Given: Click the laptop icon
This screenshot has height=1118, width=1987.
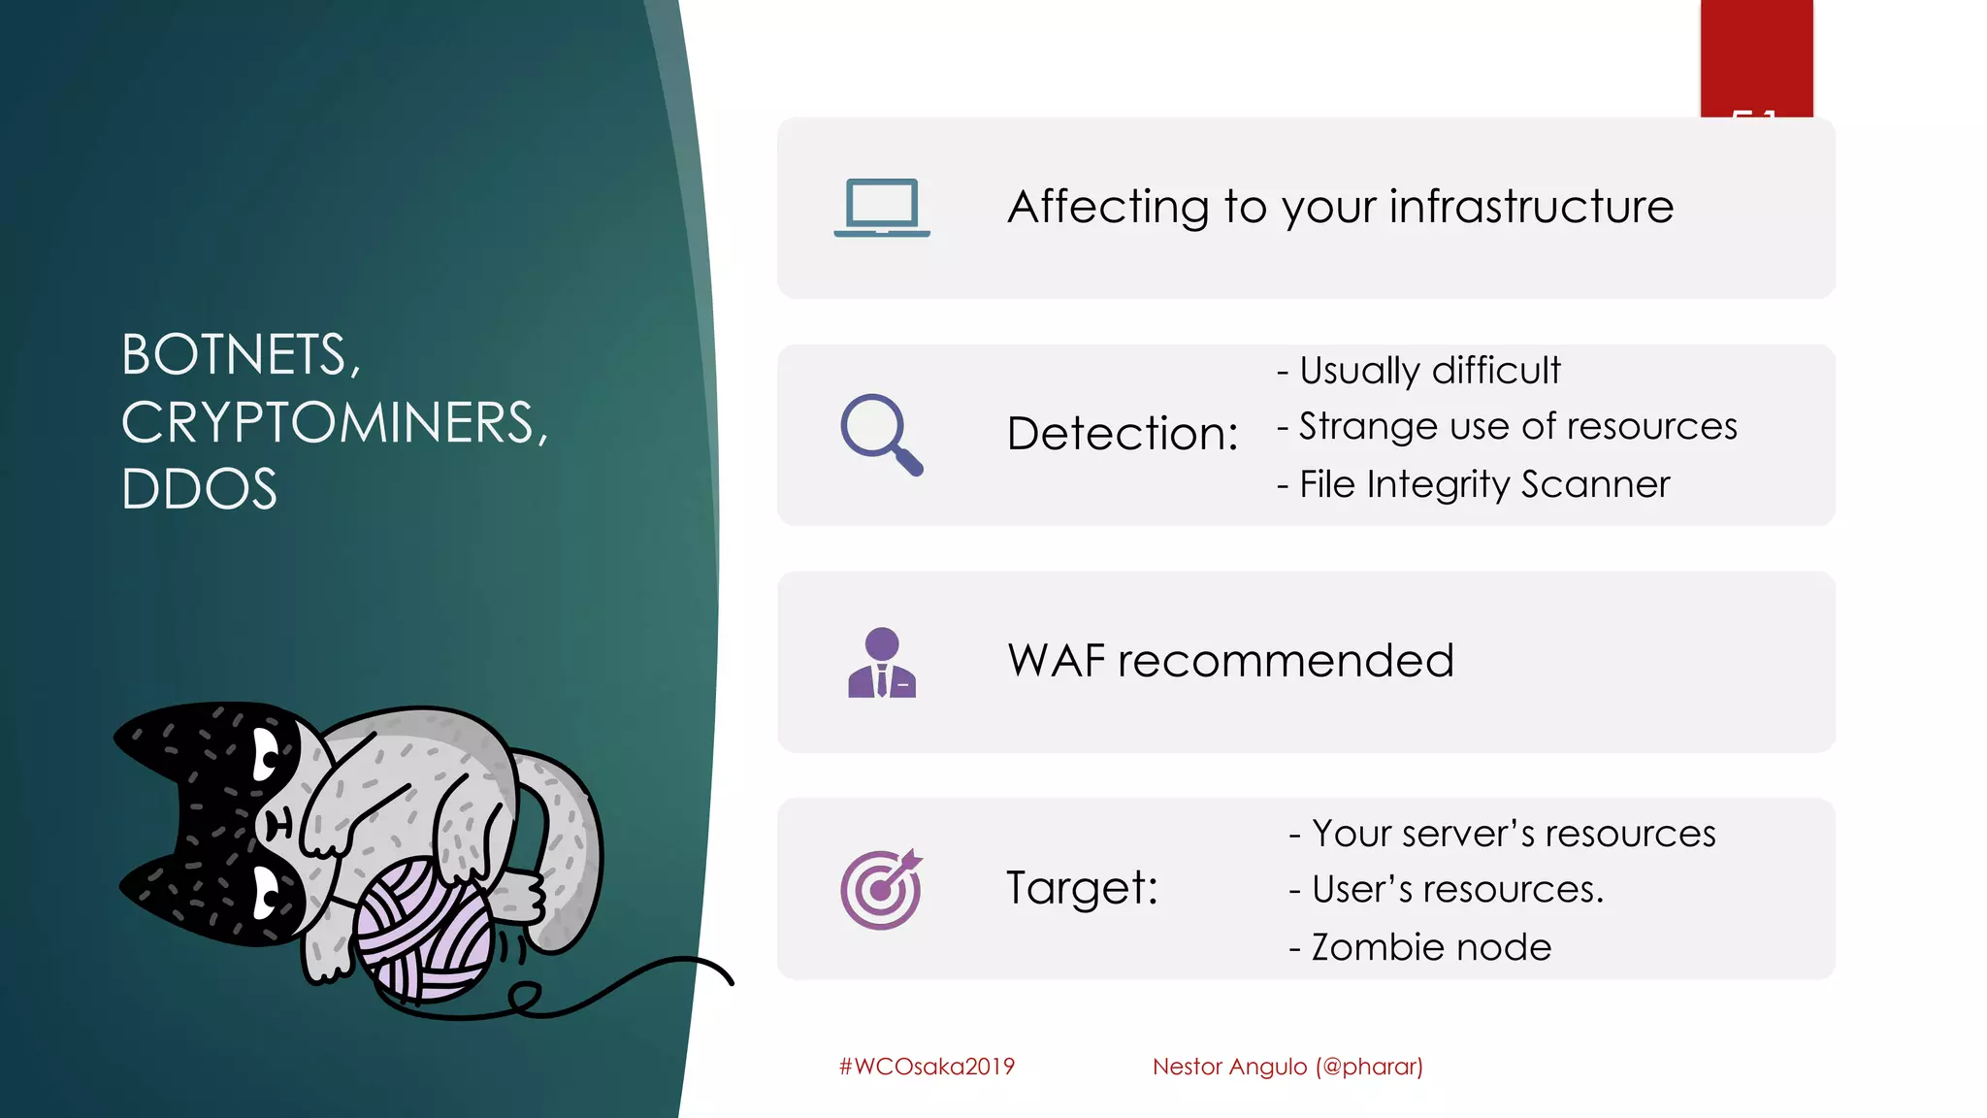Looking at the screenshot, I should pos(881,208).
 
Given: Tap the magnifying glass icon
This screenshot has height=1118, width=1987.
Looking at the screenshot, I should pos(881,434).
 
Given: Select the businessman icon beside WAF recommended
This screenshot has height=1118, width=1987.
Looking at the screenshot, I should pos(881,663).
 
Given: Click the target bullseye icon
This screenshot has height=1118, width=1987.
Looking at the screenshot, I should pos(881,889).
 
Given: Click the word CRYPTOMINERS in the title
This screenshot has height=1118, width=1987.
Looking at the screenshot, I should pos(334,423).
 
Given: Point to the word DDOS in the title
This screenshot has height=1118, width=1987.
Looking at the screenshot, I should pos(199,489).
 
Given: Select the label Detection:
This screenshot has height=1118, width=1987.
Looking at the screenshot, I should pos(1123,434).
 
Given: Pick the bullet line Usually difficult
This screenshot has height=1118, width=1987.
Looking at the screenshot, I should pos(1419,371).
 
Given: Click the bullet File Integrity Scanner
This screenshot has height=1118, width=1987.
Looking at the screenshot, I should pos(1474,484).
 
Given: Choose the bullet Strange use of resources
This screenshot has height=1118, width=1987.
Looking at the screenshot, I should pos(1507,427).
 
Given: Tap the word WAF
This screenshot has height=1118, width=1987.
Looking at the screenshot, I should pos(1057,661).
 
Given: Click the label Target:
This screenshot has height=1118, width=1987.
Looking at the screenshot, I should pos(1082,888).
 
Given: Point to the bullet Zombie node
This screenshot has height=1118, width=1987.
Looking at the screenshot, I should pos(1419,947).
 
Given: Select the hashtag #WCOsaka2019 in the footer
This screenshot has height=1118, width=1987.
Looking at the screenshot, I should pos(927,1067).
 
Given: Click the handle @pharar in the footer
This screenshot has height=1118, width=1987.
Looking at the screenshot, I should pos(1369,1067).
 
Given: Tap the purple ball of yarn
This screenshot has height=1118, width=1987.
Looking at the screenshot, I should pos(424,932).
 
